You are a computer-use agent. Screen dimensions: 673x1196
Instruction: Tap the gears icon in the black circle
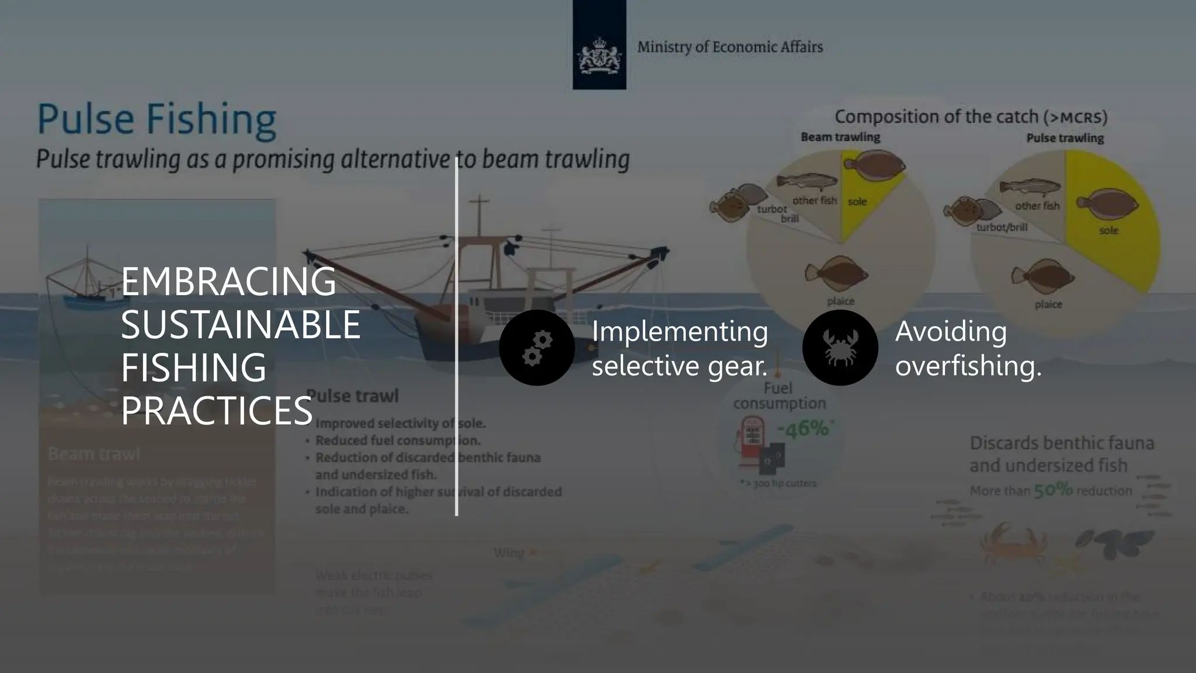(x=537, y=348)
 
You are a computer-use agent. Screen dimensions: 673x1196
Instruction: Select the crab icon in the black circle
(x=840, y=348)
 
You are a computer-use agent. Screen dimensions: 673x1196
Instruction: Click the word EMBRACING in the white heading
(x=228, y=282)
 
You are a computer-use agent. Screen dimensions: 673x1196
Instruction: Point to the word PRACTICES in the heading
(x=217, y=411)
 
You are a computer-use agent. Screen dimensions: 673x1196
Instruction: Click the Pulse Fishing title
(x=157, y=119)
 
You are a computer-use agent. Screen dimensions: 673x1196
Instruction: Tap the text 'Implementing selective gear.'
(x=680, y=348)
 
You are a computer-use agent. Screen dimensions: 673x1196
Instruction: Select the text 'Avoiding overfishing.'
(x=968, y=348)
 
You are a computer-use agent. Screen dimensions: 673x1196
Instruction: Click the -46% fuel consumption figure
(x=803, y=429)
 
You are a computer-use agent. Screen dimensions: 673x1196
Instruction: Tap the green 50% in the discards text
(x=1053, y=490)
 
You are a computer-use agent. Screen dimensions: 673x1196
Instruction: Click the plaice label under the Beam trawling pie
(x=840, y=301)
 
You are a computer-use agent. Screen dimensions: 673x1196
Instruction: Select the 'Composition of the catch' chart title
(x=971, y=117)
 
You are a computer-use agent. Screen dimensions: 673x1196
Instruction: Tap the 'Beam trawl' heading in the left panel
(x=94, y=454)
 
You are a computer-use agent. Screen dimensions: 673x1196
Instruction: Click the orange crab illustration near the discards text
(x=1012, y=543)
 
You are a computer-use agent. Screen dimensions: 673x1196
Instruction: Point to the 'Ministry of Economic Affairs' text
(x=729, y=47)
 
